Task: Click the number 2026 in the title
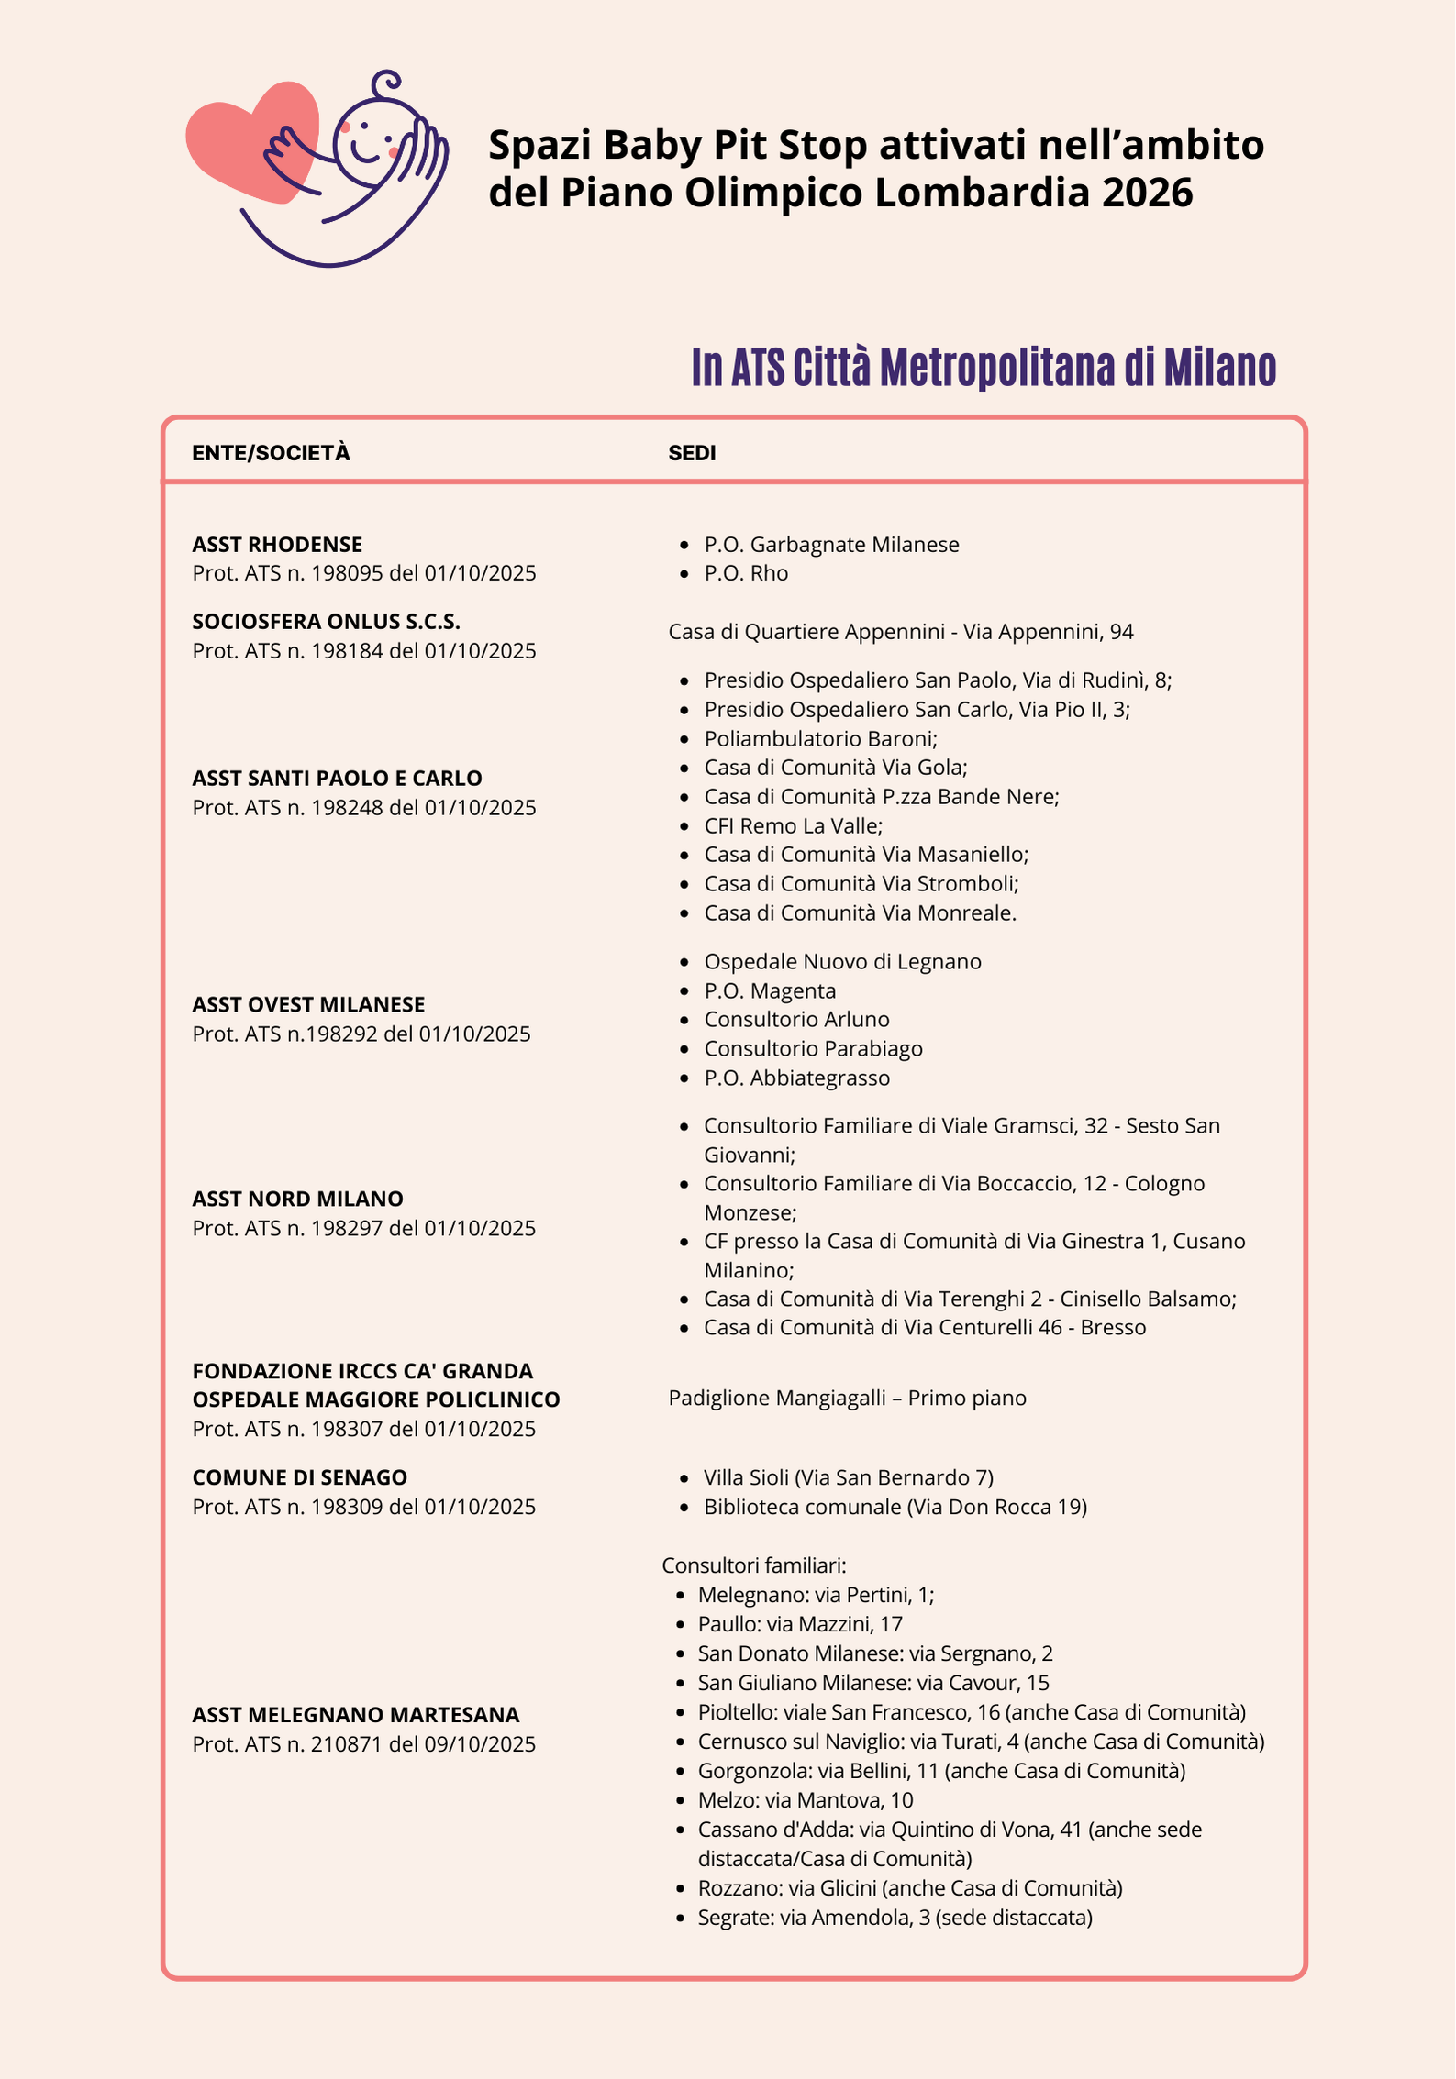(1147, 193)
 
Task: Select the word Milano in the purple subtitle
(1219, 368)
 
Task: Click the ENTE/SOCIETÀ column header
(271, 453)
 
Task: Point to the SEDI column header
(692, 453)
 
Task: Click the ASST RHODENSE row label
(277, 545)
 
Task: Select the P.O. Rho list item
(746, 573)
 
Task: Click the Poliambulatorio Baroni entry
(820, 739)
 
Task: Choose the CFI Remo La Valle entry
(793, 826)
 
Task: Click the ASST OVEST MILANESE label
(308, 1005)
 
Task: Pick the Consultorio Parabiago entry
(813, 1049)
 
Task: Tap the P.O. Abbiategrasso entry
(796, 1078)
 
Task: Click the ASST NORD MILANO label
(297, 1200)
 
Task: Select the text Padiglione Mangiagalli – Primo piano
(847, 1399)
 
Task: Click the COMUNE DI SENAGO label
(299, 1478)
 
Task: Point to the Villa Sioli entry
(848, 1478)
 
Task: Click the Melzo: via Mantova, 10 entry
(805, 1800)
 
